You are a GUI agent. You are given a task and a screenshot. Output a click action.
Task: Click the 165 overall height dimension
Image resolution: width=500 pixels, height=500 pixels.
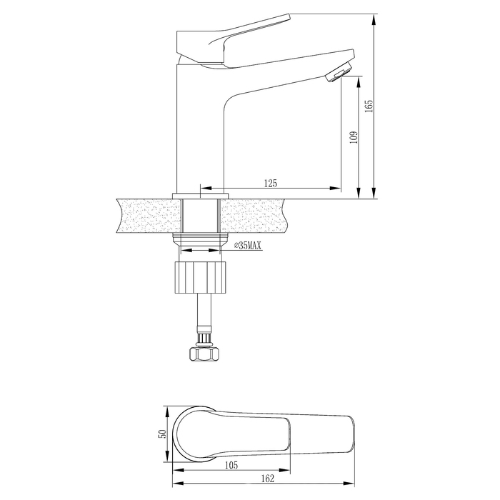tap(369, 106)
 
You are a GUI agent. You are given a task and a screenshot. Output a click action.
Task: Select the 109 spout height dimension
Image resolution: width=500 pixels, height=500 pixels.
tap(354, 137)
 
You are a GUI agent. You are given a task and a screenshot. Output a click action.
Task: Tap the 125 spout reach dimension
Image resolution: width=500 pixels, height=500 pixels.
tap(271, 184)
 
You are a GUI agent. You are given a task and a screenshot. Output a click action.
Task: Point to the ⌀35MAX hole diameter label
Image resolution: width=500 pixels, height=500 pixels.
tap(247, 246)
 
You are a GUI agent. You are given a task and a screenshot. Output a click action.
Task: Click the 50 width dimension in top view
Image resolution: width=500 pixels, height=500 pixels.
tap(163, 434)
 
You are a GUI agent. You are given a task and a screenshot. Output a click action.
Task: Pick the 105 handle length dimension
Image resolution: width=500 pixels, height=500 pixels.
tap(231, 465)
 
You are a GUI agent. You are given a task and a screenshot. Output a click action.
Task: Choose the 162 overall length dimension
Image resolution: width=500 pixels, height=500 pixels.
tap(268, 479)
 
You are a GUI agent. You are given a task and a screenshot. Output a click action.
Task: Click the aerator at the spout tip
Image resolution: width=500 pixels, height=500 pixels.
tap(338, 72)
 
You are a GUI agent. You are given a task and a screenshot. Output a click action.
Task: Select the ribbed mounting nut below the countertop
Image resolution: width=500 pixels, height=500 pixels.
tap(201, 277)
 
